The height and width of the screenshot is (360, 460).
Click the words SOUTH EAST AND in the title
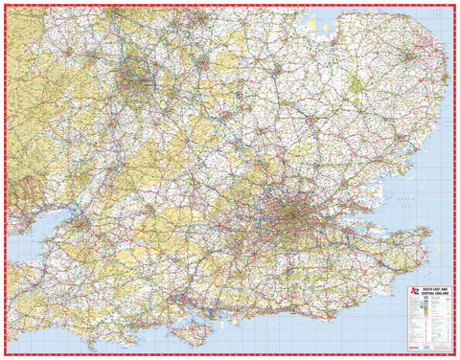point(425,288)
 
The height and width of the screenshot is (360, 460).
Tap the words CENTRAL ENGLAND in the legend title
point(425,293)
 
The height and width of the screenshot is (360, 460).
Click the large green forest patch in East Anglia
point(356,86)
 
